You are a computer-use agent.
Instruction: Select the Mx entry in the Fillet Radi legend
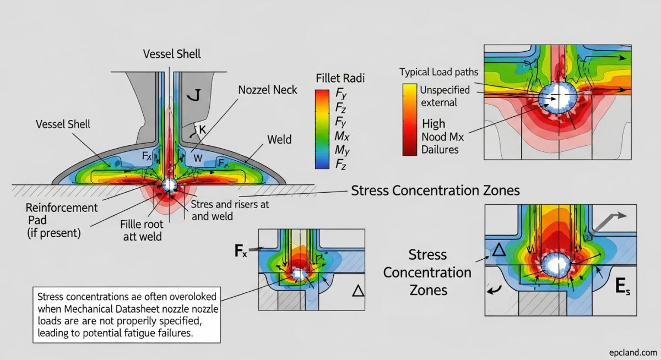click(x=342, y=135)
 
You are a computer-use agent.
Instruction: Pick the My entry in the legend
click(x=342, y=149)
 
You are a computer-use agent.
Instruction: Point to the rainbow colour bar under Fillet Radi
click(x=321, y=128)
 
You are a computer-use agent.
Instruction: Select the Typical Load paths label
click(x=438, y=72)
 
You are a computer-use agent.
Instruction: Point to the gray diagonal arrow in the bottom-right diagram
click(x=608, y=220)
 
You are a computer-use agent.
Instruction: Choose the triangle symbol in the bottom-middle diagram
click(x=358, y=291)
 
